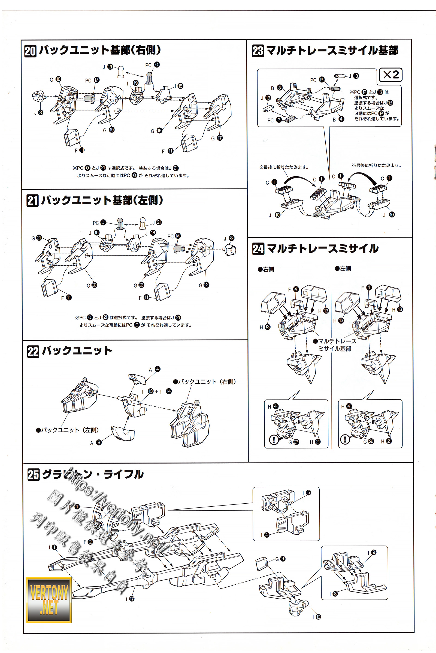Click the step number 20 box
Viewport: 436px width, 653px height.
(30, 51)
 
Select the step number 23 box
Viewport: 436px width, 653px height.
(258, 51)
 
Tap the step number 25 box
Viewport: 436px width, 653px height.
(33, 475)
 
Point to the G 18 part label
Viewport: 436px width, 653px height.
(55, 79)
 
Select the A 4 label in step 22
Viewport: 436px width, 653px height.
(155, 369)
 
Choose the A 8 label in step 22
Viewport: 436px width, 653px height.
(96, 443)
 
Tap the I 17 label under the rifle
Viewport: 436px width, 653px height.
(130, 599)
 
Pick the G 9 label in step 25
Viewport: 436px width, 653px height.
(280, 559)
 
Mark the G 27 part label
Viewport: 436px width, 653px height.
(293, 442)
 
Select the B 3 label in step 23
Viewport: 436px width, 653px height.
(277, 88)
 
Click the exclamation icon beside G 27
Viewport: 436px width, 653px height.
(274, 439)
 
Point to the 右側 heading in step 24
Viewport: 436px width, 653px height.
(266, 269)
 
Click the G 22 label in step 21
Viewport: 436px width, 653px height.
(204, 285)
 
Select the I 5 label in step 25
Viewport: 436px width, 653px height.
(307, 492)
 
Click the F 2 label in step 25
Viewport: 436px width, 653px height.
(88, 542)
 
